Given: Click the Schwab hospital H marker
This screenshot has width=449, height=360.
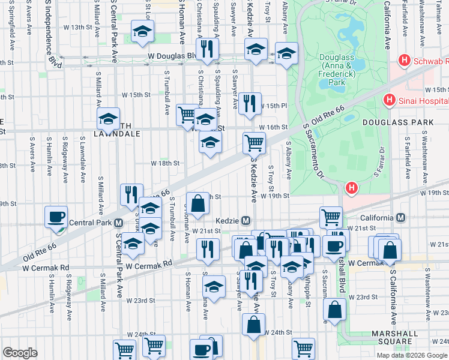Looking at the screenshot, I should pyautogui.click(x=405, y=61).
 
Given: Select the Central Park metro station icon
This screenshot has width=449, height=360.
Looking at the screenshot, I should pyautogui.click(x=119, y=223).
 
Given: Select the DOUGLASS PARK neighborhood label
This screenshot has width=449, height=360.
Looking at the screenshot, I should pyautogui.click(x=398, y=122).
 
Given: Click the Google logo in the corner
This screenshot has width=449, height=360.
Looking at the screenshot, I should pyautogui.click(x=20, y=353).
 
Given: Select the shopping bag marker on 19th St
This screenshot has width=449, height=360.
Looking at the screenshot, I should pyautogui.click(x=197, y=203).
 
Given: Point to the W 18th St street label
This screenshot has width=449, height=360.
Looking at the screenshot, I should pyautogui.click(x=165, y=163).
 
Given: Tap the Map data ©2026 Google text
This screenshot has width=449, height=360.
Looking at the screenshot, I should pyautogui.click(x=412, y=355).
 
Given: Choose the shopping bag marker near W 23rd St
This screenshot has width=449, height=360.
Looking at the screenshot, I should pyautogui.click(x=335, y=310).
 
